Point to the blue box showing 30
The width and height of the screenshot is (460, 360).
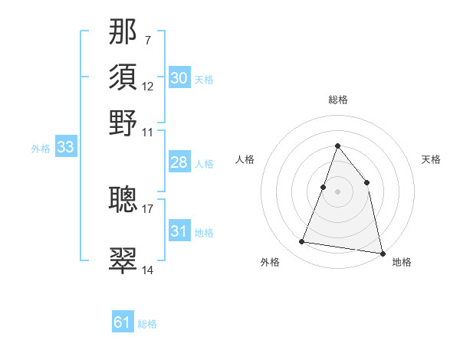pos(179,78)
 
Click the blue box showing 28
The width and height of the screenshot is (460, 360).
pos(179,162)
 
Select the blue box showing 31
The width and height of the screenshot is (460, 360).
pos(179,231)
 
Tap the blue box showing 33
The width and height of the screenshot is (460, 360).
pos(65,148)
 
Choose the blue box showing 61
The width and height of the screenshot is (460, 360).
pos(123,322)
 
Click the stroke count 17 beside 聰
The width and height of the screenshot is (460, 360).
pos(148,208)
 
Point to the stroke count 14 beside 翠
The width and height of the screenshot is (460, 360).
pos(148,270)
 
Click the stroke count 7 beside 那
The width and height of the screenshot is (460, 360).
pos(148,39)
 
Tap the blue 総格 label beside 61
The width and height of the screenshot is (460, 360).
pos(148,324)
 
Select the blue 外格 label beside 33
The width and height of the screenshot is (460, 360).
pos(41,149)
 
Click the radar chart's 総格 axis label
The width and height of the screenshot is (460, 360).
pos(338,100)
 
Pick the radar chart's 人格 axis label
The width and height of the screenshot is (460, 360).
pos(245,159)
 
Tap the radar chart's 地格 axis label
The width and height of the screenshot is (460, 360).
pos(402,262)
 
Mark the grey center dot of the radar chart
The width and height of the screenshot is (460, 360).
pos(338,191)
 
